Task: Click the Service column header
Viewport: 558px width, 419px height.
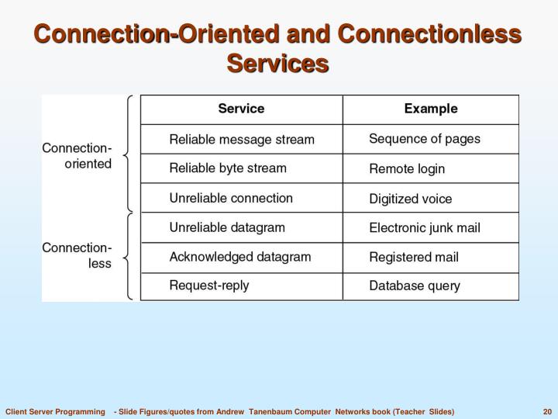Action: coord(241,109)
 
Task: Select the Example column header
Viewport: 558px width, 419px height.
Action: coord(431,109)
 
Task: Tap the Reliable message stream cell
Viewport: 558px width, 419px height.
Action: coord(242,140)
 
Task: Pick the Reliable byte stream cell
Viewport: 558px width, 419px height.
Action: coord(228,168)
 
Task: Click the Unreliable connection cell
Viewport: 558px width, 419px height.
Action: coord(231,198)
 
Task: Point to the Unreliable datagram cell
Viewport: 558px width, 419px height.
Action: coord(227,227)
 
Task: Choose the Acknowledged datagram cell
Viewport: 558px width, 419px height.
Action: coord(240,257)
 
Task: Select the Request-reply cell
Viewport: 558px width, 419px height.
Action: coord(209,286)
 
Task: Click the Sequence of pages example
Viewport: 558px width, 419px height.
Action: coord(424,139)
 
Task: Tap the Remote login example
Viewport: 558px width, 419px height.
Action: coord(407,168)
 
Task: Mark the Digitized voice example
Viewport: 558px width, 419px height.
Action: coord(410,199)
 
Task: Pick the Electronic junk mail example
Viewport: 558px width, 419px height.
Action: coord(424,228)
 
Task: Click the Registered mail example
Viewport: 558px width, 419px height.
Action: coord(413,257)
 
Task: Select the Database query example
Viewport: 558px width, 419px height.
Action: coord(414,286)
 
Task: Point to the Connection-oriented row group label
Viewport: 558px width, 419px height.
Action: coord(77,156)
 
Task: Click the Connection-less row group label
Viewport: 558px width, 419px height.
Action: coord(77,255)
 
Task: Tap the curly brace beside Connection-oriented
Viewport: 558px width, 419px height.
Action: coord(129,154)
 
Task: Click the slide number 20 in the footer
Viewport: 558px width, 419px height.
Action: coord(547,410)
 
